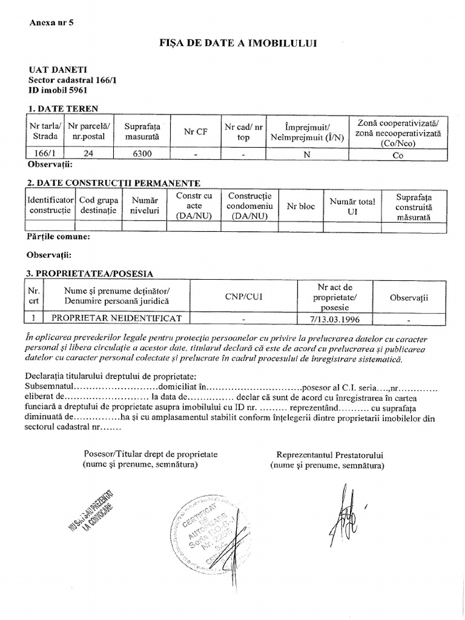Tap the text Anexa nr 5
pos(51,22)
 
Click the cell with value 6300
pos(142,154)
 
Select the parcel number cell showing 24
pos(88,154)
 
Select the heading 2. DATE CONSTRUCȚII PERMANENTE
pos(114,183)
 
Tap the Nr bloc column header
pos(300,206)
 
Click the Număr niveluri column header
pos(145,206)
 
